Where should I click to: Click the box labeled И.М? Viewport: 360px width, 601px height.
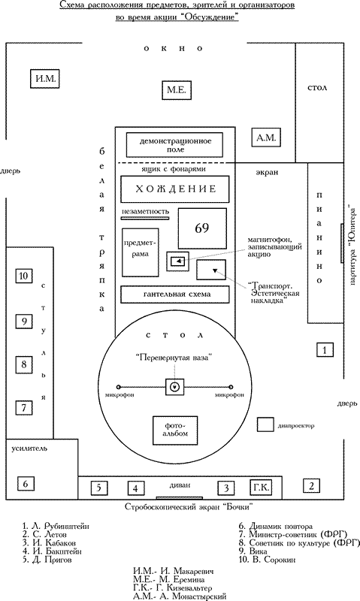[x=45, y=79]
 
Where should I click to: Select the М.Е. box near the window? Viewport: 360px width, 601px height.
[x=177, y=90]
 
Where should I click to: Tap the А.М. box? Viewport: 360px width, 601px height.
[x=266, y=137]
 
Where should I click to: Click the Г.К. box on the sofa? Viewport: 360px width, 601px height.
[x=261, y=488]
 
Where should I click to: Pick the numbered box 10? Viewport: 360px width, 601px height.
[x=24, y=276]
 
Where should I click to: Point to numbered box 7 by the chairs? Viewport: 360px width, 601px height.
[x=24, y=407]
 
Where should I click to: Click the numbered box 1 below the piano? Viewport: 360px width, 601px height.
[x=325, y=350]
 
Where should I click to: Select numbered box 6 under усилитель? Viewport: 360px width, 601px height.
[x=26, y=484]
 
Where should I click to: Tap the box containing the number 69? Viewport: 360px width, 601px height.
[x=202, y=228]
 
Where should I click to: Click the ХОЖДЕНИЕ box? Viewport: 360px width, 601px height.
[x=175, y=189]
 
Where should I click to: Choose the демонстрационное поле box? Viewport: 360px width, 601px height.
[x=175, y=145]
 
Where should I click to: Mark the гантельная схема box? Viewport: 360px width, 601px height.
[x=175, y=294]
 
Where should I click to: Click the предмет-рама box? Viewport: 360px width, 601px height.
[x=141, y=252]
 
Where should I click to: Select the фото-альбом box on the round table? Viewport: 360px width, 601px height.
[x=175, y=430]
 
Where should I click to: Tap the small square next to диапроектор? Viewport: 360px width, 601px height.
[x=265, y=424]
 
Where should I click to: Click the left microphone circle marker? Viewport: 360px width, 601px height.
[x=119, y=387]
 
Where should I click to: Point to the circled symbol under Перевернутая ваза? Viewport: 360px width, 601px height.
[x=175, y=387]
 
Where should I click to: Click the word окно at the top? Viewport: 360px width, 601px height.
[x=173, y=49]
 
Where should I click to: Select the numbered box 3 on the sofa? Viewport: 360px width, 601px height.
[x=226, y=488]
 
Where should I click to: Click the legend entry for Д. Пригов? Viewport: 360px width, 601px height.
[x=47, y=560]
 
